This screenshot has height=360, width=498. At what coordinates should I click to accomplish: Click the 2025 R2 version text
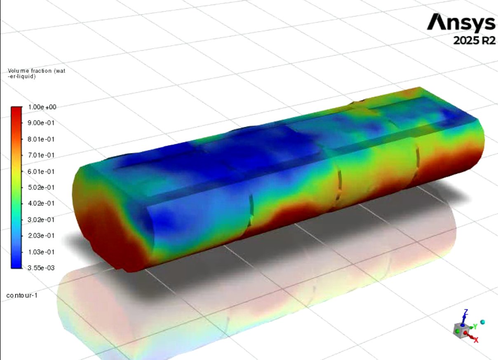475,40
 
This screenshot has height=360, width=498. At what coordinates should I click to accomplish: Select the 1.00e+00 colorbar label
42,107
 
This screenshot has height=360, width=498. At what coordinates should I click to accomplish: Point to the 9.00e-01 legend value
41,123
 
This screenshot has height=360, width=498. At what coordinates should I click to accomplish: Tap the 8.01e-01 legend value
41,139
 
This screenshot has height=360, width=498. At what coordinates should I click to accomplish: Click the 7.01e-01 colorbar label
41,155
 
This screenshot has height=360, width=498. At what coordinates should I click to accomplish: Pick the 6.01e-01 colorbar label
41,171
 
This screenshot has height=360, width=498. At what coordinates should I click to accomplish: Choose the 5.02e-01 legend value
41,187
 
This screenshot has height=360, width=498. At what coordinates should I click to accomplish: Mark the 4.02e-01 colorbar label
41,203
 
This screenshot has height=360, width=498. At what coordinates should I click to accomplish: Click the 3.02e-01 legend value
41,220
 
